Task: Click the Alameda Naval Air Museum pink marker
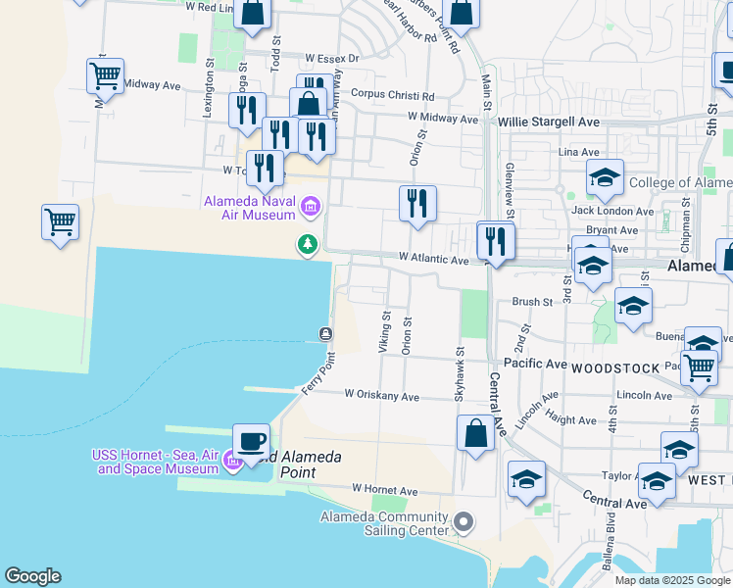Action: click(311, 206)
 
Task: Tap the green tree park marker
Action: click(309, 243)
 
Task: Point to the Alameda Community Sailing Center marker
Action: click(464, 522)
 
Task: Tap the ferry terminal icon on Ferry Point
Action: click(325, 334)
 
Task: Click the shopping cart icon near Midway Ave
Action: click(104, 75)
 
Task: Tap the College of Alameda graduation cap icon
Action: click(605, 177)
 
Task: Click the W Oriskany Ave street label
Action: click(381, 397)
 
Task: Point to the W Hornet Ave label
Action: click(385, 490)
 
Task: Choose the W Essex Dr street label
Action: click(332, 59)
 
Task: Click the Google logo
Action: click(32, 576)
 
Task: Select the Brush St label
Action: click(532, 303)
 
